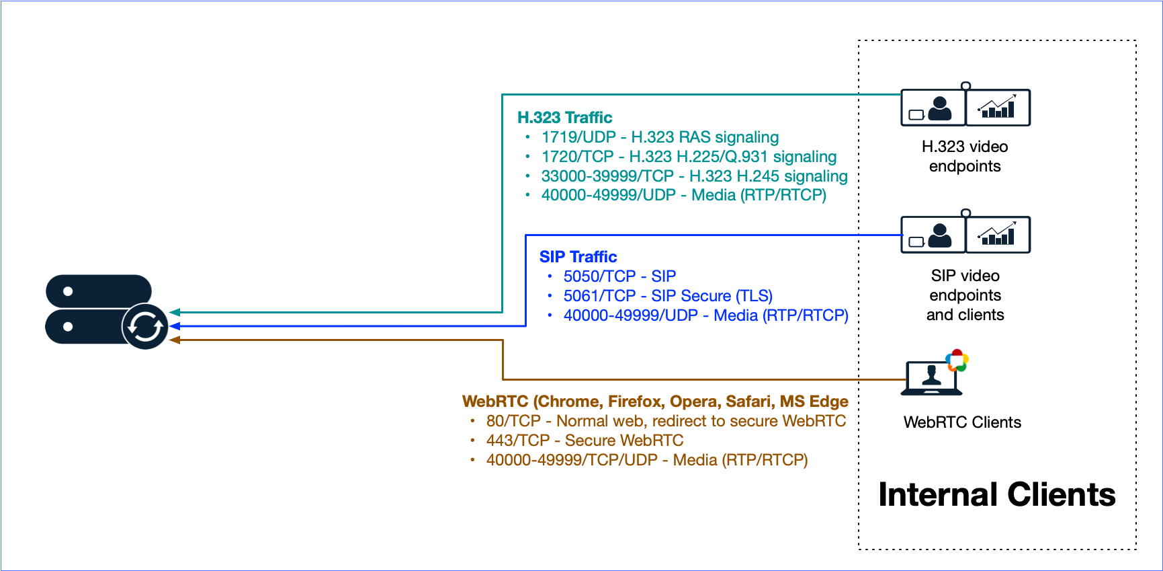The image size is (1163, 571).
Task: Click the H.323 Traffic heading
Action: (564, 118)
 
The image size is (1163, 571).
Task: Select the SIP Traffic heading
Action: (578, 257)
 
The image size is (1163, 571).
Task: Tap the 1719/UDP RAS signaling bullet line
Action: (660, 137)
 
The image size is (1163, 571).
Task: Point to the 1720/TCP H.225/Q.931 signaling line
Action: (689, 157)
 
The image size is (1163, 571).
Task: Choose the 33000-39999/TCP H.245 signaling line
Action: (694, 176)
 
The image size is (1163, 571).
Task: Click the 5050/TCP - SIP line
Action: (619, 276)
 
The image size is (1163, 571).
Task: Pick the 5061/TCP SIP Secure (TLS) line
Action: (668, 296)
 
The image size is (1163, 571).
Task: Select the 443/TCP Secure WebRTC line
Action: (585, 441)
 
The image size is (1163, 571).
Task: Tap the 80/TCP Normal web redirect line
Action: (666, 421)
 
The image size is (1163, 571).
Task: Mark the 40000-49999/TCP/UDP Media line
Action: (647, 460)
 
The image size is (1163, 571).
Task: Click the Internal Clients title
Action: (997, 495)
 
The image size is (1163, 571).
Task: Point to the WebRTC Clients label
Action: (962, 422)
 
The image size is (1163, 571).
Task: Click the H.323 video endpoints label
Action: (965, 156)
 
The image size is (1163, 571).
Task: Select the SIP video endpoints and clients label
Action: (965, 295)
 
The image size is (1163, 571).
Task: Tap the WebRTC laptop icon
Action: (933, 377)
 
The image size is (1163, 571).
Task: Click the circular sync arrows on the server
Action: (145, 327)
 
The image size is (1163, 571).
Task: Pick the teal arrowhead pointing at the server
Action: (175, 312)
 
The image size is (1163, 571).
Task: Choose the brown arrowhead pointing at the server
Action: (175, 340)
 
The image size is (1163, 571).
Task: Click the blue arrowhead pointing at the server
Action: (175, 326)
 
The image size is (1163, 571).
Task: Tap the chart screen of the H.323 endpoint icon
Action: (998, 108)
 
